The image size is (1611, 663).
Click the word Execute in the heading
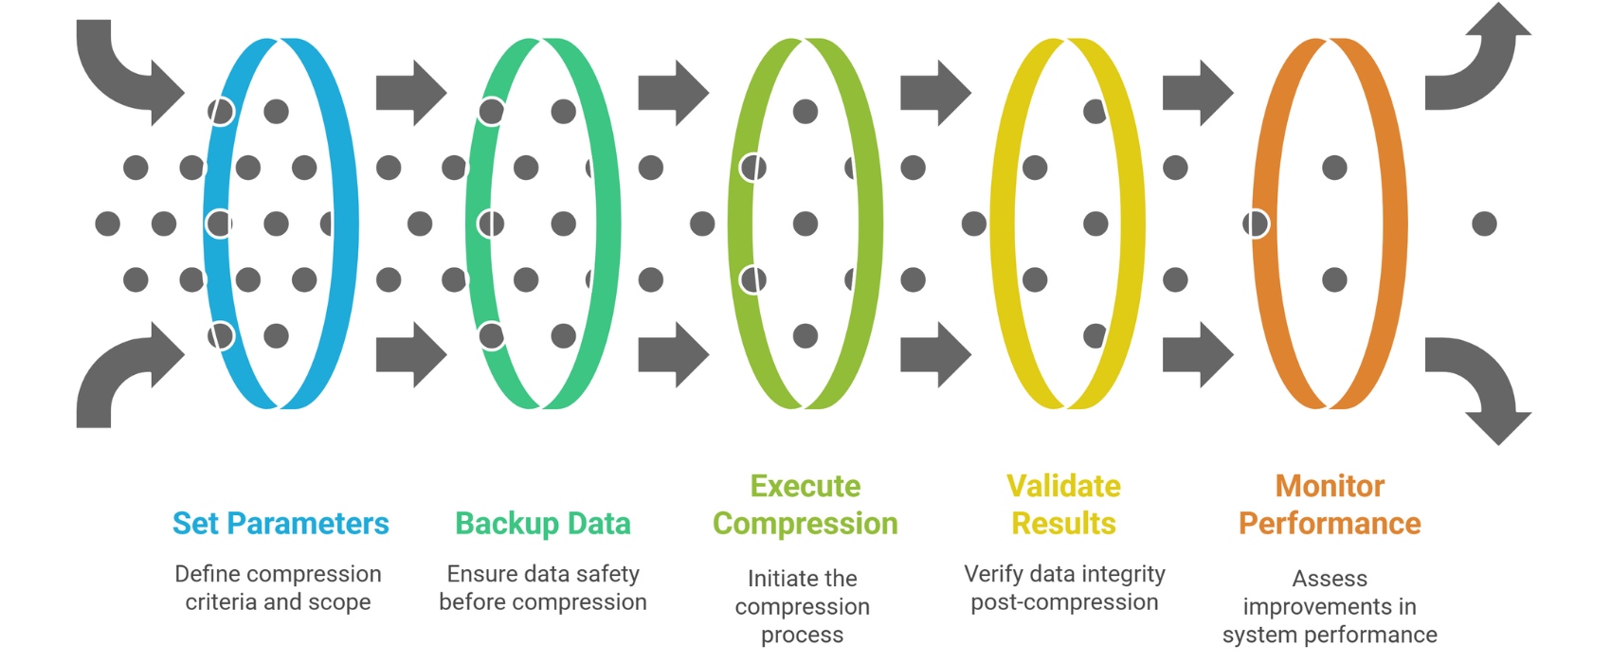[x=805, y=487]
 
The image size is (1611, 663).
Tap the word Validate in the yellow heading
[x=1063, y=487]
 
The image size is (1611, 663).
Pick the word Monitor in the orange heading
[x=1330, y=487]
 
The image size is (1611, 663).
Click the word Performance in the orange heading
[x=1330, y=524]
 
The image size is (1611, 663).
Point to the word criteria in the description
[x=221, y=602]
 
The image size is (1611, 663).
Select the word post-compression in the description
[x=1064, y=602]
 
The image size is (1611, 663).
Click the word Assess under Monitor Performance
[x=1330, y=579]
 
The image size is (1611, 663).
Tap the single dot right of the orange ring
[x=1484, y=224]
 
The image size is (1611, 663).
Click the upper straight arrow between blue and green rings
[x=410, y=93]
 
